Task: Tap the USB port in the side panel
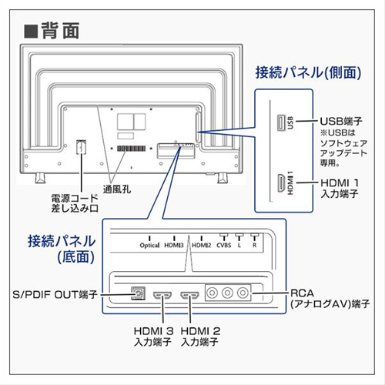point(281,123)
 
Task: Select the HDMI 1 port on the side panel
point(281,183)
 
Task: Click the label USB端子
point(340,121)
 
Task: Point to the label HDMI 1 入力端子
point(340,189)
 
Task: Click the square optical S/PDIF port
point(138,293)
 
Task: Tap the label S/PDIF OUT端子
point(55,294)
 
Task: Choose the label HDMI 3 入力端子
point(153,336)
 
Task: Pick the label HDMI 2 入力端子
point(200,336)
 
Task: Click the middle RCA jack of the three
point(227,293)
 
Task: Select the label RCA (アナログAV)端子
point(330,298)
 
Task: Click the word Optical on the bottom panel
point(149,246)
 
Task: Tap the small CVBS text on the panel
point(224,246)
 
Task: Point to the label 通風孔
point(117,189)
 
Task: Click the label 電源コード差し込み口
point(75,203)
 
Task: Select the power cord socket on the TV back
point(81,147)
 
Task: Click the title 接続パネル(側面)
point(308,72)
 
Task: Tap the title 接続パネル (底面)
point(62,249)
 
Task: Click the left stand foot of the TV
point(40,178)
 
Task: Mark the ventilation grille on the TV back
point(132,149)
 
